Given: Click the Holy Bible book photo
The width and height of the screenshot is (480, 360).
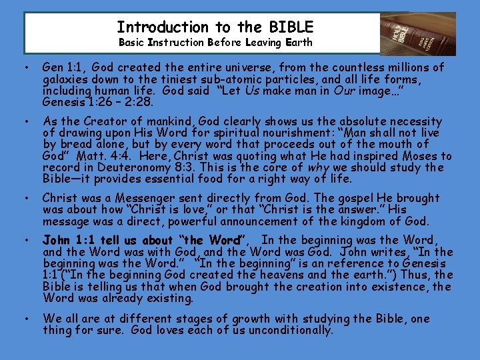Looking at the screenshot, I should coord(417,33).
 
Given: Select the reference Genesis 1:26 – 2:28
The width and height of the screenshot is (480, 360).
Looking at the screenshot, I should coord(97,102).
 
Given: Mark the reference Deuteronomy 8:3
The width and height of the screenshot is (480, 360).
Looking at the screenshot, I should coord(125,167).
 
